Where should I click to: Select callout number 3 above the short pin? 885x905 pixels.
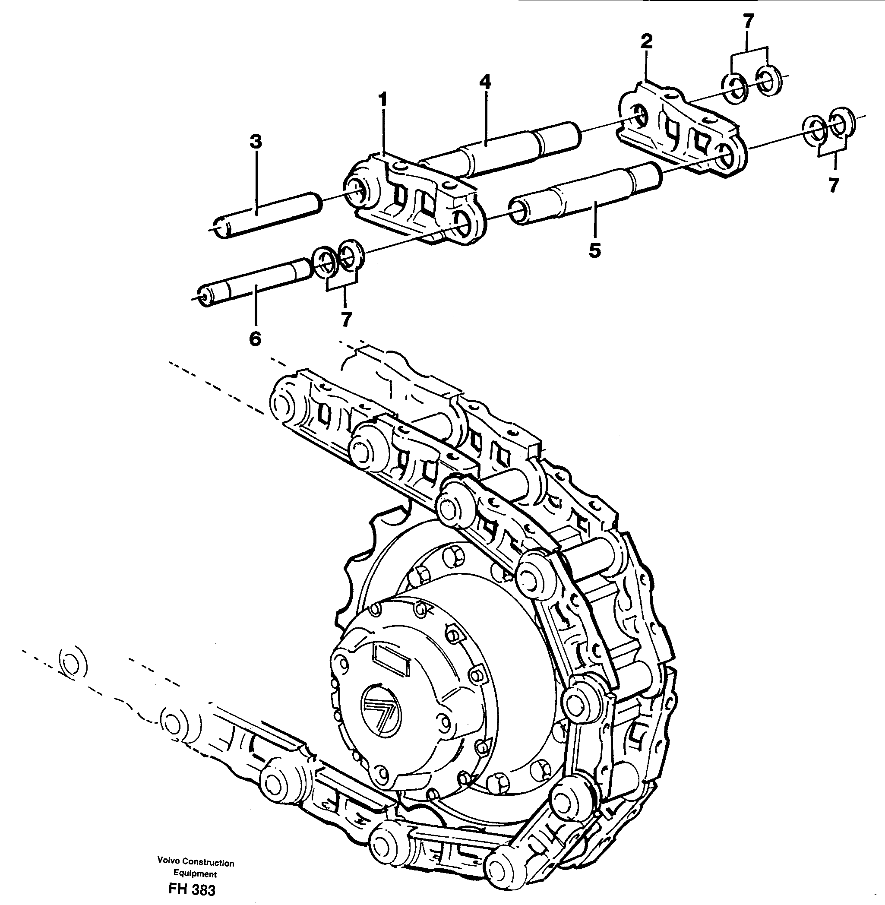255,142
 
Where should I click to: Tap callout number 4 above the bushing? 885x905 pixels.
485,83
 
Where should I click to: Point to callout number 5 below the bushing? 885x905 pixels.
594,251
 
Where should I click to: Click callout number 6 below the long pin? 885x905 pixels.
255,339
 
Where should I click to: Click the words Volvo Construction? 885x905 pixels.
195,863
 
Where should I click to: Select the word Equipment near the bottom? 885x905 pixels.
195,874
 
